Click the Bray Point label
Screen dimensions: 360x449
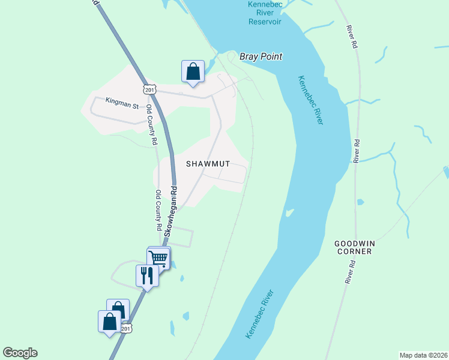point(261,56)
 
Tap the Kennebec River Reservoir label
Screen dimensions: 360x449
point(265,13)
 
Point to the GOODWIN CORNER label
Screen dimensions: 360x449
point(354,247)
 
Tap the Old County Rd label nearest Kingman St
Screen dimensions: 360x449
point(153,128)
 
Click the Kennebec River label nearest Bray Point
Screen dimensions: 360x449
point(310,100)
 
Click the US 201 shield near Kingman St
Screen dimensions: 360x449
point(149,89)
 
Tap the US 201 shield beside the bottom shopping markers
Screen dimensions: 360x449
point(125,329)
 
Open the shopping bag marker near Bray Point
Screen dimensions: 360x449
point(193,71)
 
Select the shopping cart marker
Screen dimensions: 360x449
point(158,258)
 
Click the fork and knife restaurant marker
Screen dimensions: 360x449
point(147,276)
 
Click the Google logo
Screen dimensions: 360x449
point(20,353)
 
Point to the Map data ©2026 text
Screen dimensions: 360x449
point(423,355)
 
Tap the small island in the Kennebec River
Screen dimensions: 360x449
point(289,212)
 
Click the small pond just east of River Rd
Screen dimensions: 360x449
point(360,202)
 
